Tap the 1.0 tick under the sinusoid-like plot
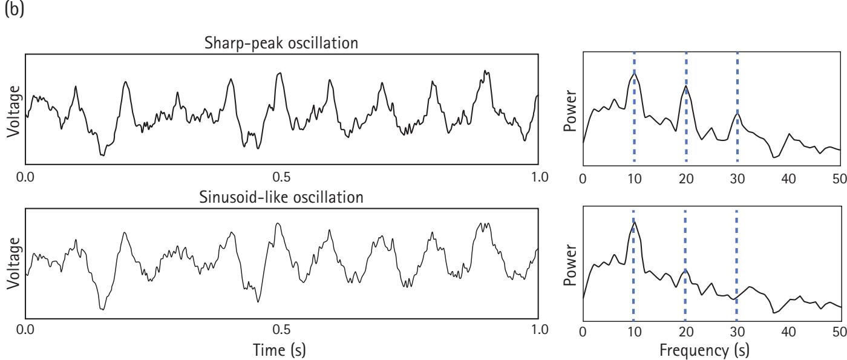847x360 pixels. [538, 330]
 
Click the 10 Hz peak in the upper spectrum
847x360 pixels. [633, 73]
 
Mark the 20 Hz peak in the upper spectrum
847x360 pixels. [685, 86]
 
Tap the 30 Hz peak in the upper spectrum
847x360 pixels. [737, 114]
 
